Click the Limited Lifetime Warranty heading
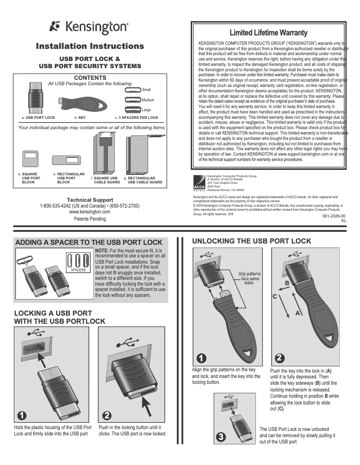click(268, 33)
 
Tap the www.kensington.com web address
click(90, 211)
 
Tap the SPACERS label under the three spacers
click(78, 270)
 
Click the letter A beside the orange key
click(297, 313)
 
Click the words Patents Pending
click(90, 219)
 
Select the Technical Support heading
click(90, 200)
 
